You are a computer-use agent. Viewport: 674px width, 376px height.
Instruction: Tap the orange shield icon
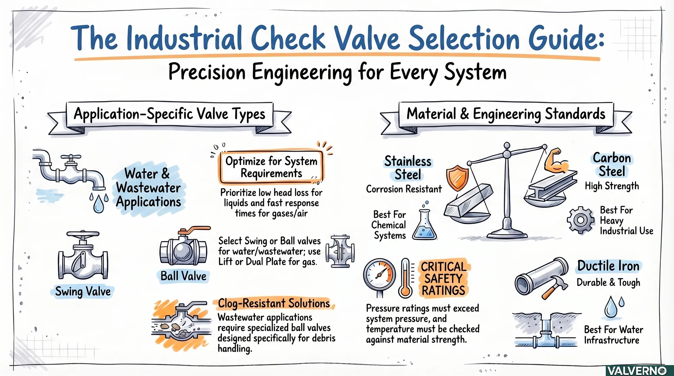point(457,178)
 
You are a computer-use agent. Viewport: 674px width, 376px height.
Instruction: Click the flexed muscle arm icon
point(556,161)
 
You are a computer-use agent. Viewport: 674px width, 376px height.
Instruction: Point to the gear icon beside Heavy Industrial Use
point(580,220)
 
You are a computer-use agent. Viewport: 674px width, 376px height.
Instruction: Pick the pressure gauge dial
point(380,275)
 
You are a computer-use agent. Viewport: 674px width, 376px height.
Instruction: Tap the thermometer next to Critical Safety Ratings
point(405,278)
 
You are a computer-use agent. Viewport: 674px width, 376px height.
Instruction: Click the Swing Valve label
point(83,291)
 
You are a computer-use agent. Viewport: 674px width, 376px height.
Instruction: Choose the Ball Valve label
point(183,276)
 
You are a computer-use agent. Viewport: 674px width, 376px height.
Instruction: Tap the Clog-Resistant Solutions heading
point(274,304)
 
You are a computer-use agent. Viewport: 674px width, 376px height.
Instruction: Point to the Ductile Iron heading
point(608,266)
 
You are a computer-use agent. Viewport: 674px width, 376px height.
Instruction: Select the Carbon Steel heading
point(612,165)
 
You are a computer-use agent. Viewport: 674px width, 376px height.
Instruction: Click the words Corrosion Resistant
point(404,189)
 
